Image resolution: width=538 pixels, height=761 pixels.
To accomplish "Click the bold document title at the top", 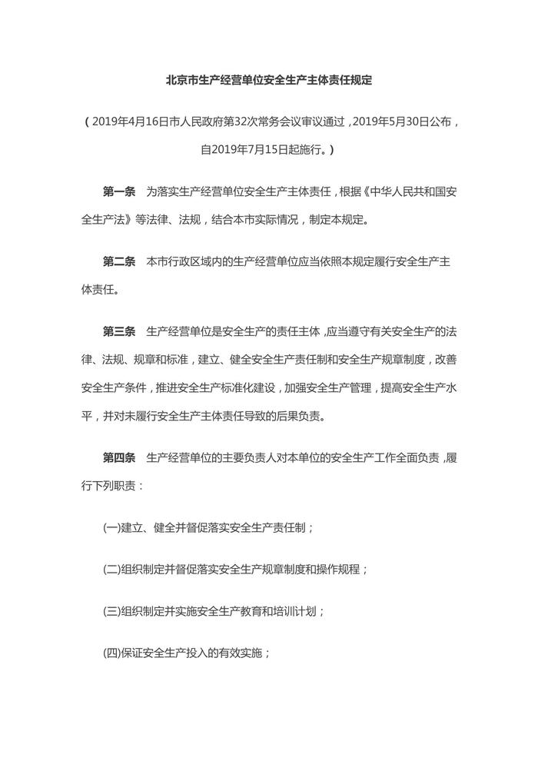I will [269, 81].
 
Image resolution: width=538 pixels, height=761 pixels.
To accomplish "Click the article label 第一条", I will [119, 189].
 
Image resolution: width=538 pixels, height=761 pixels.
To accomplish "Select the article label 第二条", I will [119, 261].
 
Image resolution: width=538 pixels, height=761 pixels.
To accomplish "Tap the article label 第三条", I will [119, 333].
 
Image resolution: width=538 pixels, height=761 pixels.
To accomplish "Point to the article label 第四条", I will [119, 458].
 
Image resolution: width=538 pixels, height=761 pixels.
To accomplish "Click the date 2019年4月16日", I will [131, 121].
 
